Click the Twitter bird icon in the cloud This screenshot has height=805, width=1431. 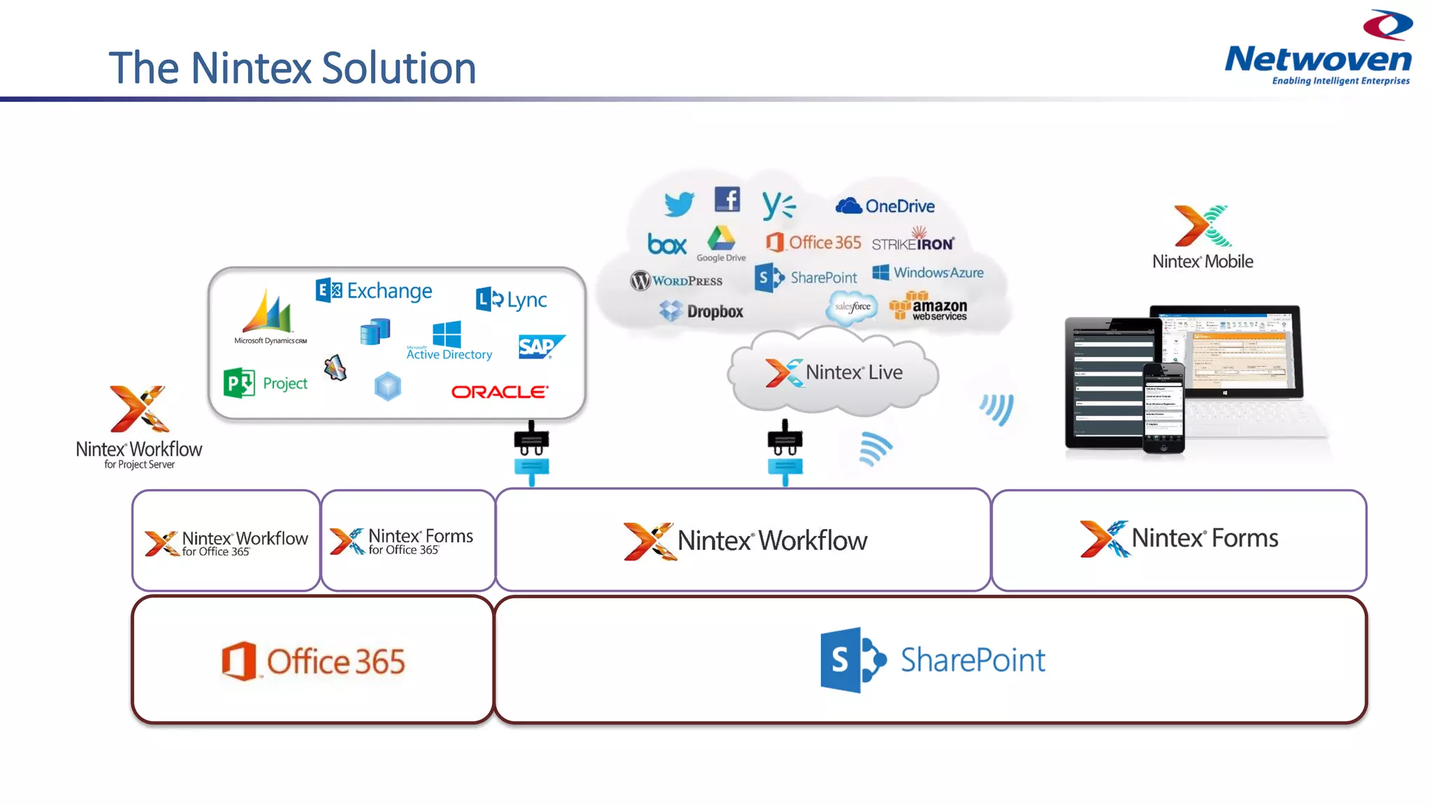pyautogui.click(x=678, y=204)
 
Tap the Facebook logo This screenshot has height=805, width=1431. pyautogui.click(x=727, y=200)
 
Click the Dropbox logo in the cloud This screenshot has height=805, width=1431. pyautogui.click(x=702, y=311)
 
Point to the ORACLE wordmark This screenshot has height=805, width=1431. pyautogui.click(x=500, y=392)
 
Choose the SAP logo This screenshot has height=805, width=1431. pyautogui.click(x=540, y=347)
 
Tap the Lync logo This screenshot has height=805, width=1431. pyautogui.click(x=511, y=300)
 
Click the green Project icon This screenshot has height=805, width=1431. pyautogui.click(x=239, y=383)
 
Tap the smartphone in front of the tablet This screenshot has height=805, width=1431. pyautogui.click(x=1163, y=408)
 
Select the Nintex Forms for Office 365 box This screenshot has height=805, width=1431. pyautogui.click(x=408, y=541)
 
